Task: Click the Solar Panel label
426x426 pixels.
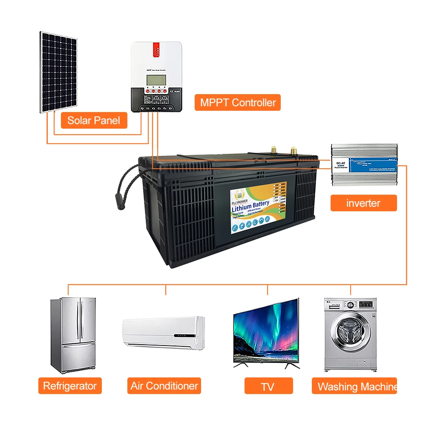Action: point(94,121)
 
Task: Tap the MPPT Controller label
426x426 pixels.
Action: point(238,103)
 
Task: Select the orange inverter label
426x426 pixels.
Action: point(363,203)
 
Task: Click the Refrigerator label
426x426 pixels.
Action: point(70,386)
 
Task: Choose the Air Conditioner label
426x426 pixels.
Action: point(164,386)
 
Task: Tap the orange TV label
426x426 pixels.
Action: point(268,386)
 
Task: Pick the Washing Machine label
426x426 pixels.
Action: point(354,386)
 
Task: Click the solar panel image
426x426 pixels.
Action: point(59,72)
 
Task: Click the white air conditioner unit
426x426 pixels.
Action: point(164,333)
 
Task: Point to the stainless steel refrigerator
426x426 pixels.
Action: point(72,335)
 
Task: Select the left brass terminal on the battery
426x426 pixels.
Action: point(273,150)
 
